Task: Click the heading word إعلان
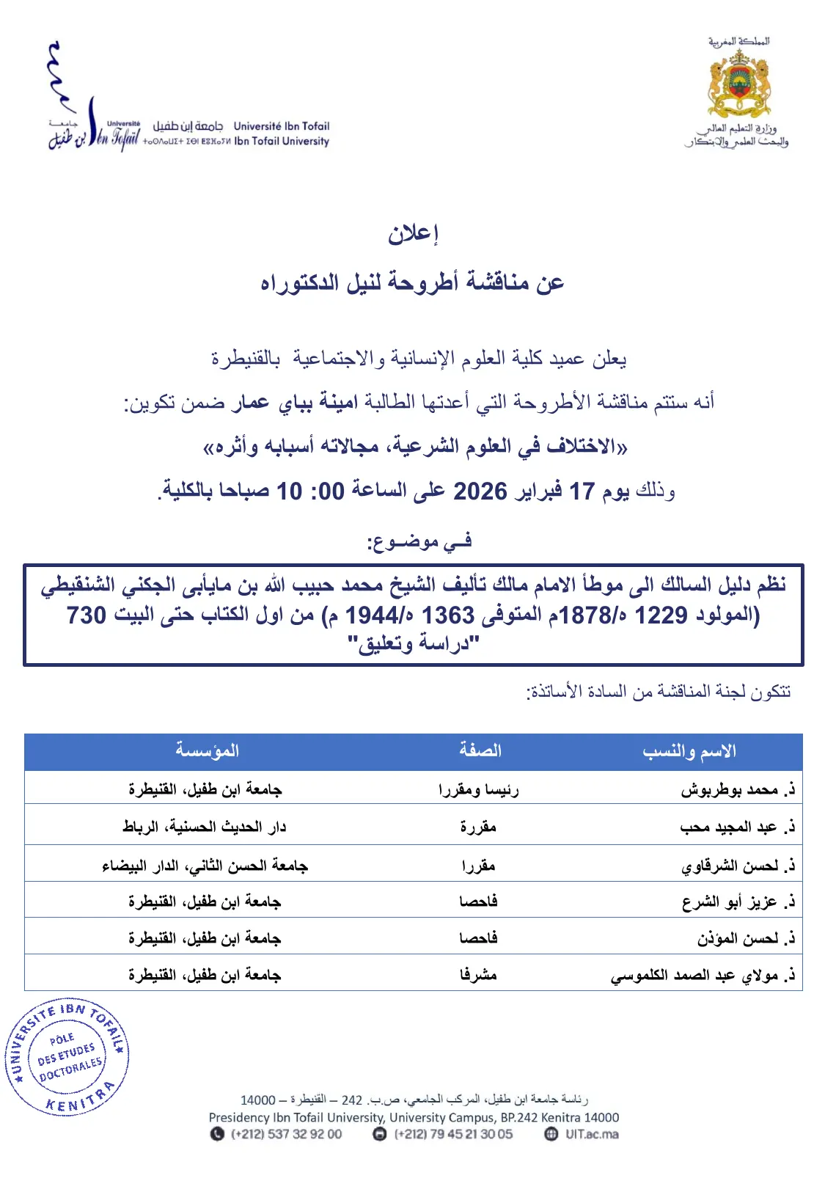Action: tap(413, 233)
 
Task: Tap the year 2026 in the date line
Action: tap(480, 491)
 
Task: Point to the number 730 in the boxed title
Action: tap(87, 615)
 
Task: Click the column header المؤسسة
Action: tap(208, 750)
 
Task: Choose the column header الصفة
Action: tap(480, 750)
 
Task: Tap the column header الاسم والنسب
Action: tap(689, 751)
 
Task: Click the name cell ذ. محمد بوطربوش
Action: tap(737, 790)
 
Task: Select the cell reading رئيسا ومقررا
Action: tap(478, 790)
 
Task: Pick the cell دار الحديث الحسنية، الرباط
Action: tap(205, 827)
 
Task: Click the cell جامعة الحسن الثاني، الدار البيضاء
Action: tap(205, 866)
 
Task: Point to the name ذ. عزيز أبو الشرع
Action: tap(738, 902)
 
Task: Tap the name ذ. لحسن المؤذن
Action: tap(745, 939)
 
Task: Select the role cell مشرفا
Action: tap(478, 975)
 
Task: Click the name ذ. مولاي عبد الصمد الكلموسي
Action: tap(703, 976)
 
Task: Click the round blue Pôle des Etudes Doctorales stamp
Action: tap(67, 1056)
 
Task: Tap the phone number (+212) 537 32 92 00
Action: tap(286, 1134)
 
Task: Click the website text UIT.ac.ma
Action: tap(591, 1134)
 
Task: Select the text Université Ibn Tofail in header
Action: tap(282, 126)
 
